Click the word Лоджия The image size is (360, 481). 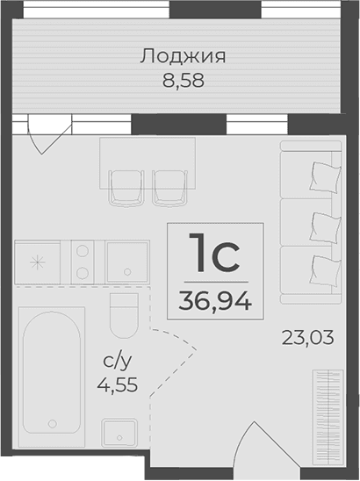coord(183,57)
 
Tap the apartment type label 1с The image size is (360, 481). coord(214,256)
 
